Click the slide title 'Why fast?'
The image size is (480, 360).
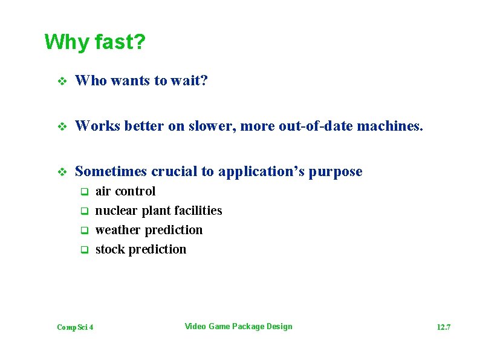coord(95,42)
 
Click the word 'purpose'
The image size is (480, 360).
coord(336,172)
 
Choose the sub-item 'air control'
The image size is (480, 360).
coord(125,191)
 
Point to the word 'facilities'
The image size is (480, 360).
coord(198,211)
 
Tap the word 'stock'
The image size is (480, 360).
coord(109,249)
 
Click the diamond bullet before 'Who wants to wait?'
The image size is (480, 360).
coord(60,81)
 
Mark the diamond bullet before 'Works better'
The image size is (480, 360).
coord(60,126)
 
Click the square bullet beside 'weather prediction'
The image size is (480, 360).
coord(85,231)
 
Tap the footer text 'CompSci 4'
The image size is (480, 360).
coord(75,327)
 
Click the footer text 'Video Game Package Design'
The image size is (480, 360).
coord(238,327)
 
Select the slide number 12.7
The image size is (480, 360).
coord(443,327)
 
